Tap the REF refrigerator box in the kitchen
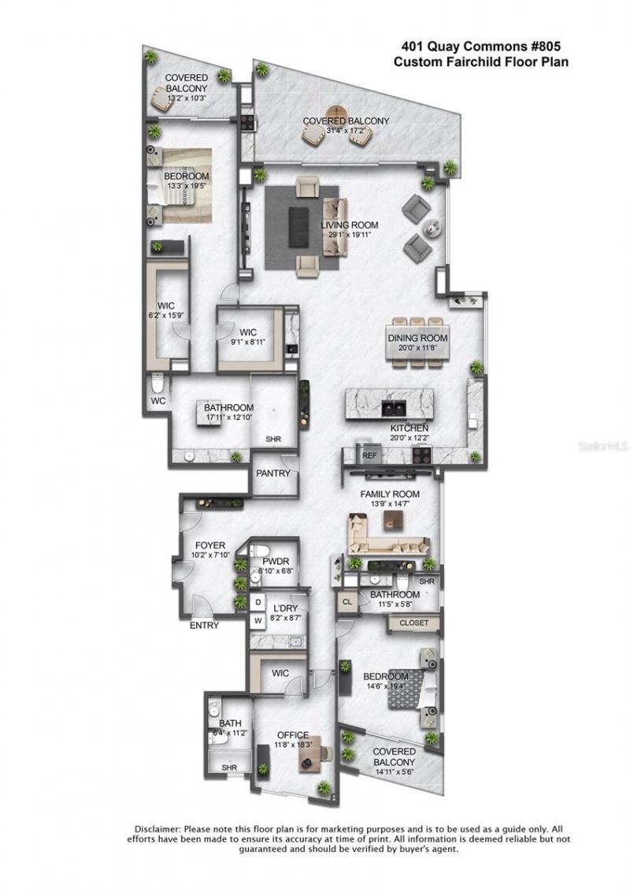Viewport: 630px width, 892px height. pyautogui.click(x=369, y=455)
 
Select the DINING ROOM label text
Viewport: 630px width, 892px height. pyautogui.click(x=417, y=338)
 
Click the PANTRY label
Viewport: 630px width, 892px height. pyautogui.click(x=272, y=474)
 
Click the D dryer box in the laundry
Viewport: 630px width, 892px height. pyautogui.click(x=258, y=603)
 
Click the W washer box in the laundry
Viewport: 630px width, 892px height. pyautogui.click(x=258, y=621)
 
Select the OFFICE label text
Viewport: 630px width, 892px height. pyautogui.click(x=291, y=734)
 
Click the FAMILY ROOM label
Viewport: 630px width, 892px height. pyautogui.click(x=390, y=494)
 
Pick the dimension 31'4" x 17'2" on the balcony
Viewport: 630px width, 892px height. pyautogui.click(x=346, y=131)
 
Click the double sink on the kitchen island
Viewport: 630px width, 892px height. pyautogui.click(x=392, y=408)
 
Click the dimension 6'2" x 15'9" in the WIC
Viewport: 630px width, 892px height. pyautogui.click(x=166, y=314)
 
